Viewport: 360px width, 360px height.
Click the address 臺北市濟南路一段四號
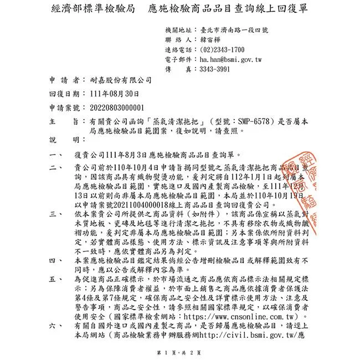(238, 30)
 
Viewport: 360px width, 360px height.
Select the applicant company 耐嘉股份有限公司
(117, 81)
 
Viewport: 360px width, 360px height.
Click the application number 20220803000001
(112, 107)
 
